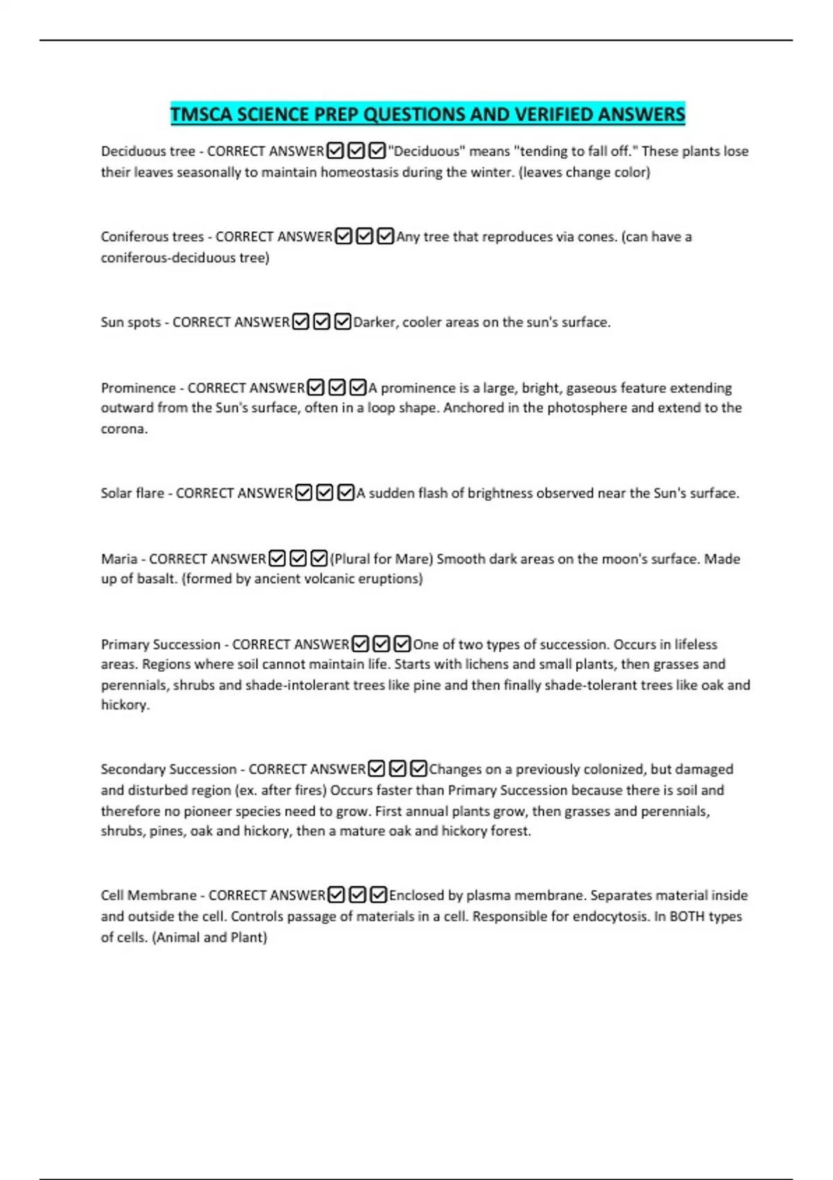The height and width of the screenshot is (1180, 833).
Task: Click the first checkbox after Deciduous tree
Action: (335, 151)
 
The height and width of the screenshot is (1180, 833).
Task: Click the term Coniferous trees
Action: (152, 237)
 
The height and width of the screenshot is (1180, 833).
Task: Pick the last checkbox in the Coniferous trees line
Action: (385, 237)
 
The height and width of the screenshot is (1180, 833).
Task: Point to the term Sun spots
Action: (131, 322)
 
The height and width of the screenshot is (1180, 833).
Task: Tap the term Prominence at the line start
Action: (138, 388)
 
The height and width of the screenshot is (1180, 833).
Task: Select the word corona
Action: (124, 429)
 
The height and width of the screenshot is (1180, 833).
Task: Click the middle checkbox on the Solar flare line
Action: (325, 493)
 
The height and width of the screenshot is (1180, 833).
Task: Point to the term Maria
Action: (119, 559)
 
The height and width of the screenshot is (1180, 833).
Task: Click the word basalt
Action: (154, 579)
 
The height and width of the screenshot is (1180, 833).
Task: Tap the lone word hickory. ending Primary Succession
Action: (125, 705)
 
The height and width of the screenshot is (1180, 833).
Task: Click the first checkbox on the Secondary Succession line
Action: (376, 769)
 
